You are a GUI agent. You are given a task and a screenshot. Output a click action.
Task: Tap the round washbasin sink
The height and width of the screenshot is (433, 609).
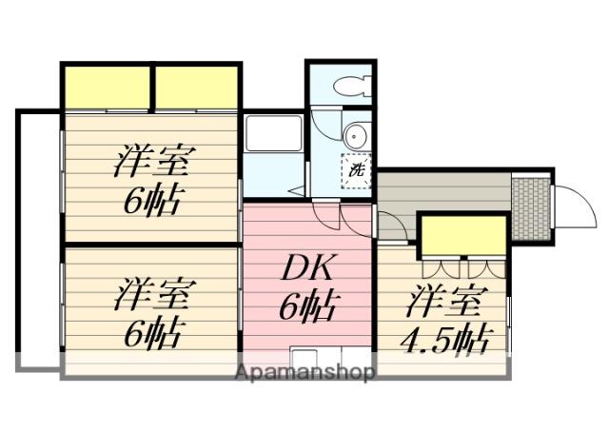(x=355, y=136)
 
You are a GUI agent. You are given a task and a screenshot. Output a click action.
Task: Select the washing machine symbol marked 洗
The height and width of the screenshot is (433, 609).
(x=355, y=171)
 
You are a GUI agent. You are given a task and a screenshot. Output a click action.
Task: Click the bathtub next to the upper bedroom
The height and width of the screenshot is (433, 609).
(x=273, y=134)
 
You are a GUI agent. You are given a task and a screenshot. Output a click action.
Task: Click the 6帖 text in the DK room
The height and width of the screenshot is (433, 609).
(x=307, y=306)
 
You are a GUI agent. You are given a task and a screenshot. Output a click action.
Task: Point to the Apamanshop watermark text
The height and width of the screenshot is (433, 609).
(x=304, y=371)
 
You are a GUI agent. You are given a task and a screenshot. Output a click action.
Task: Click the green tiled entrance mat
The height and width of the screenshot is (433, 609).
(x=531, y=207)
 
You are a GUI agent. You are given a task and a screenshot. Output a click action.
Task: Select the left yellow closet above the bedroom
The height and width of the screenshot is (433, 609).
(x=108, y=88)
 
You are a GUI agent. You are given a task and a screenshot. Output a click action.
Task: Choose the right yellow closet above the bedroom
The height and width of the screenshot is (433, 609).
(x=195, y=88)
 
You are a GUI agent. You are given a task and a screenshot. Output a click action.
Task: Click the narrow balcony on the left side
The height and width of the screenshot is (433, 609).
(x=39, y=238)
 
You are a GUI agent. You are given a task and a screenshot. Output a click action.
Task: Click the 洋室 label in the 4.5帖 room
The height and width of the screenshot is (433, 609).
(x=443, y=303)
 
